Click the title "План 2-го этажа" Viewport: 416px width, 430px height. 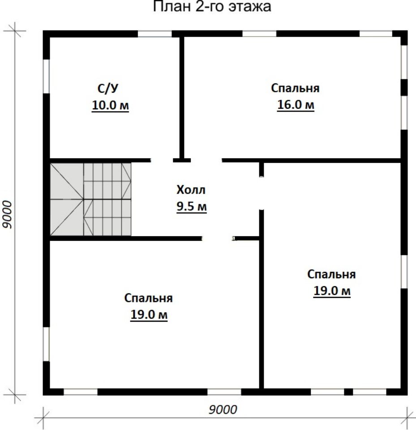click(x=212, y=7)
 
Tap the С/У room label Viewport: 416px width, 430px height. click(x=108, y=88)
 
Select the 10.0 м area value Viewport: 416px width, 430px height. click(x=110, y=105)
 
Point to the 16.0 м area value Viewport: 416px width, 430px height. click(x=296, y=105)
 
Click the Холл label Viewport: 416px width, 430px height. click(x=191, y=190)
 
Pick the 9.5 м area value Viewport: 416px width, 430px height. click(x=191, y=206)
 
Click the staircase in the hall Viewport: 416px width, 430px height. click(x=90, y=199)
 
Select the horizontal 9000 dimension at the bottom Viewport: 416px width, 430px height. click(x=223, y=410)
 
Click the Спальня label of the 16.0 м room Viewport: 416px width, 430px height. click(x=296, y=88)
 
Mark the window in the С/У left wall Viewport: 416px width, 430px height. click(x=46, y=76)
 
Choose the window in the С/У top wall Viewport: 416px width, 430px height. click(x=154, y=34)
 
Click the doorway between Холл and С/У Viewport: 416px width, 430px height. click(x=162, y=160)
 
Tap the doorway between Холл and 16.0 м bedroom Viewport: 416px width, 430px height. click(x=206, y=160)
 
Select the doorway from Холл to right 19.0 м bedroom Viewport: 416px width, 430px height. click(x=262, y=193)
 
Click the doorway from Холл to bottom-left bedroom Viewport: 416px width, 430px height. click(x=218, y=238)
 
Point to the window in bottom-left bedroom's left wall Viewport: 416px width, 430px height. click(x=46, y=344)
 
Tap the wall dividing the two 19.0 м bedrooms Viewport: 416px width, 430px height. click(x=262, y=299)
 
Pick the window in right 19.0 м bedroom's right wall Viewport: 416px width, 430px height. click(x=404, y=272)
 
